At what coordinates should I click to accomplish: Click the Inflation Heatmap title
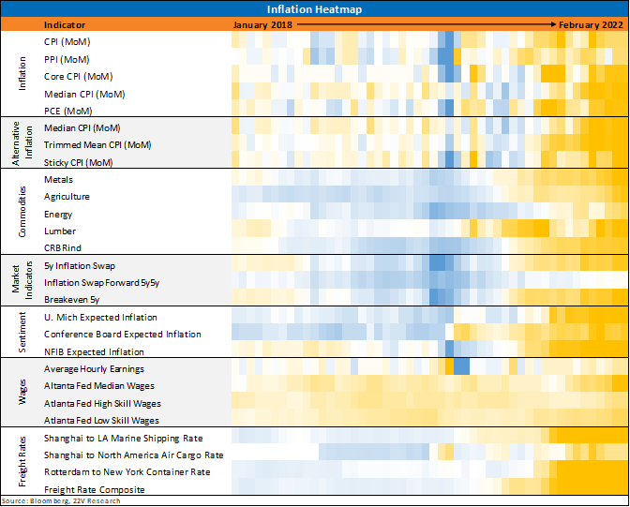(314, 9)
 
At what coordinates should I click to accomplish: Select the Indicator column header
(65, 25)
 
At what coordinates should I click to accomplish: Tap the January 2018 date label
(262, 25)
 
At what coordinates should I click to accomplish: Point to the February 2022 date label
(591, 25)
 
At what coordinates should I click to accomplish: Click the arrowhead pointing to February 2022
(554, 24)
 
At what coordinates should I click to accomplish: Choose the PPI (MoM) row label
(67, 59)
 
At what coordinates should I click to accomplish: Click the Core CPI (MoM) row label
(79, 76)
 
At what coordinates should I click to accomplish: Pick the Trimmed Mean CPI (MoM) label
(97, 144)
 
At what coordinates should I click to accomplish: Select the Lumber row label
(60, 231)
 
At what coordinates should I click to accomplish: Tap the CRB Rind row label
(63, 247)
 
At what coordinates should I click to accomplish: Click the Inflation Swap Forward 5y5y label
(101, 283)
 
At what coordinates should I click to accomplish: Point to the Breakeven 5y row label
(71, 300)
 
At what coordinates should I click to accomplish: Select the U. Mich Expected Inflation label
(100, 318)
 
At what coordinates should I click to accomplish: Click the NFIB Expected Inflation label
(94, 352)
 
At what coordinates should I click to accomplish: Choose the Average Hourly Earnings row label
(94, 369)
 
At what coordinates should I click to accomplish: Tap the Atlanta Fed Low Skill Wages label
(101, 420)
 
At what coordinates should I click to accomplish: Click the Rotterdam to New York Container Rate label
(127, 472)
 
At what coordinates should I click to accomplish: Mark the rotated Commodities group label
(22, 212)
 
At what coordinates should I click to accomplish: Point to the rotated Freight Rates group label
(22, 462)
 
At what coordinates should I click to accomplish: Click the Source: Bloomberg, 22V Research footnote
(61, 501)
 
